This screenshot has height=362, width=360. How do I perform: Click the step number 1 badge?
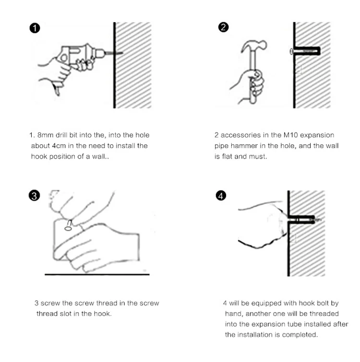tap(35, 28)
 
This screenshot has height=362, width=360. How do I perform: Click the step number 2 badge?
tap(223, 27)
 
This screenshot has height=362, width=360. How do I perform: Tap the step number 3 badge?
tap(34, 196)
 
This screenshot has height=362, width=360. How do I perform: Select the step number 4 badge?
tap(221, 196)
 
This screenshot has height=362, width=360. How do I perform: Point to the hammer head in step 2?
tap(254, 46)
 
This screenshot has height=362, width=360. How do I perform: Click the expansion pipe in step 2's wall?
tap(305, 51)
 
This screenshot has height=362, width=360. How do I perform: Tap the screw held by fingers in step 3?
tap(69, 225)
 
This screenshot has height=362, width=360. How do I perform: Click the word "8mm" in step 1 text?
tap(46, 135)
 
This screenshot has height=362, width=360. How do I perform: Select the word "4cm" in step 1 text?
tap(59, 146)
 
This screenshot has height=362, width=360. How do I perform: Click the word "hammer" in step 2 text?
tap(244, 146)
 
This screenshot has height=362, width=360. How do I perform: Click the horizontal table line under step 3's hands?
tap(97, 275)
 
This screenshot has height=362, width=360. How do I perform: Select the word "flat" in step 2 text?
tap(227, 156)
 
